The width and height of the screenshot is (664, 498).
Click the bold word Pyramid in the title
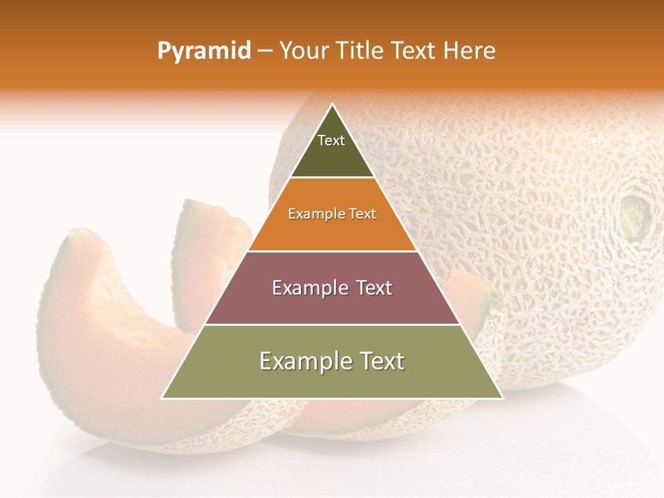click(204, 51)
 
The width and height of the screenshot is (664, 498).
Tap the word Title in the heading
click(360, 50)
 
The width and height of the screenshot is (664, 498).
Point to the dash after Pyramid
click(265, 51)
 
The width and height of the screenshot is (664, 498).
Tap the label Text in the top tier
click(331, 140)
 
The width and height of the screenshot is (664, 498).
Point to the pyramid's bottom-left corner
click(163, 398)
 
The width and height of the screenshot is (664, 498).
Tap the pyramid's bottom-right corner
click(502, 398)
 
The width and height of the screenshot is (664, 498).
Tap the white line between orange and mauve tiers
click(332, 251)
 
